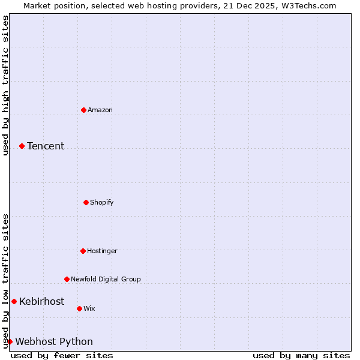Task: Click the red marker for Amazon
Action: [83, 110]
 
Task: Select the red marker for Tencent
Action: [22, 146]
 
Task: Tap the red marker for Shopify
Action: [86, 202]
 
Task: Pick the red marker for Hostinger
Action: [83, 251]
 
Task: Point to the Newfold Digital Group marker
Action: [67, 279]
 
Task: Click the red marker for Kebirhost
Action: [14, 301]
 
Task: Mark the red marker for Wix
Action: [79, 308]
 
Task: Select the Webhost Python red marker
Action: [10, 341]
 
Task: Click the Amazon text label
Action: [100, 110]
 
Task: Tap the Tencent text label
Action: [46, 146]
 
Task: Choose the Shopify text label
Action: [102, 202]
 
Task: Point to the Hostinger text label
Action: [103, 251]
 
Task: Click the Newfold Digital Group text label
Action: [106, 279]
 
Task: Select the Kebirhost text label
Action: [41, 301]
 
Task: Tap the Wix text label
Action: [89, 308]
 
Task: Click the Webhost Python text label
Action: [54, 341]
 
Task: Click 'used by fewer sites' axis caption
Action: [62, 355]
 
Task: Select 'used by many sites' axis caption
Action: [301, 355]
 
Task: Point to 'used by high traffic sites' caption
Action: [5, 85]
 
